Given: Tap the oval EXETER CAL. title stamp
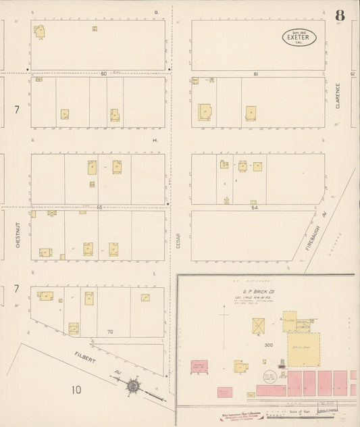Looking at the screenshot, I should point(299,38).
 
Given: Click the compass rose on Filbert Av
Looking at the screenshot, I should point(133,386).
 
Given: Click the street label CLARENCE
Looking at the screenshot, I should point(338,96).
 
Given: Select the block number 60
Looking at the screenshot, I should point(104,73).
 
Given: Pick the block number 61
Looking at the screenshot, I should point(255,73).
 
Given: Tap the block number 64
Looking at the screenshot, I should point(255,207).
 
